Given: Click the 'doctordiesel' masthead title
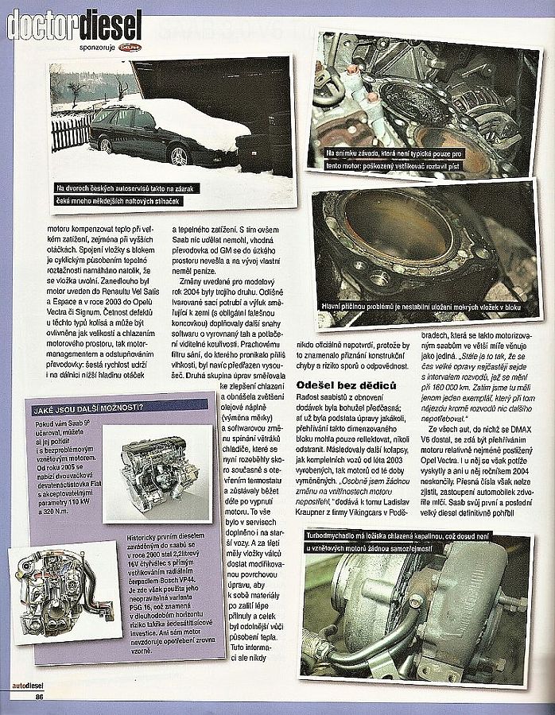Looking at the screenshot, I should (75, 25).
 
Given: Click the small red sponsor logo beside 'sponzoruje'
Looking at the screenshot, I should (129, 47).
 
